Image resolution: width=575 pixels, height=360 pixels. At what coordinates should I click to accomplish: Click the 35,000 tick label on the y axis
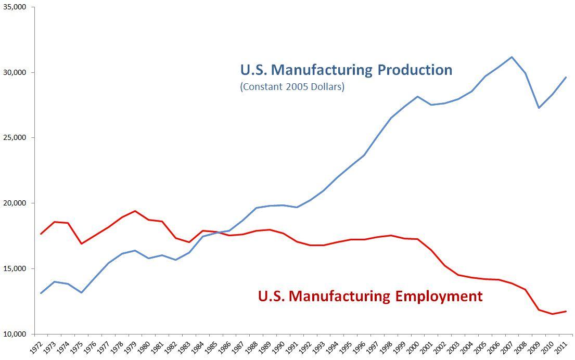(16, 7)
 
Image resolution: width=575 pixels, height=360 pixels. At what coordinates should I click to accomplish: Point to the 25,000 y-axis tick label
(16, 138)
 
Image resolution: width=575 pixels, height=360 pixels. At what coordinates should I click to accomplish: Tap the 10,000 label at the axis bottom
(16, 334)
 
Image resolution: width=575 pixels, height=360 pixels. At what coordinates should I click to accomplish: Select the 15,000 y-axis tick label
(16, 268)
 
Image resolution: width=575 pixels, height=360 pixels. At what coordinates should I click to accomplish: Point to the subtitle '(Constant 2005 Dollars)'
(292, 87)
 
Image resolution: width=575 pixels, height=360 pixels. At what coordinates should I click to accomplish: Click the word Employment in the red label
(438, 297)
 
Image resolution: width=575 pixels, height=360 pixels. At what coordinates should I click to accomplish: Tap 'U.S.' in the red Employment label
(271, 297)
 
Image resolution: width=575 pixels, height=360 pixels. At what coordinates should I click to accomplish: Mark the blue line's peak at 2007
(512, 57)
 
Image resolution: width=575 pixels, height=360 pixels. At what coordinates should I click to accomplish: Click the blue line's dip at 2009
(539, 108)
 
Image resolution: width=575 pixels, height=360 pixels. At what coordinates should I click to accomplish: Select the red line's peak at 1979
(135, 211)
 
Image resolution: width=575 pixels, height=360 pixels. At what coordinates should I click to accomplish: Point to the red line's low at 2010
(552, 314)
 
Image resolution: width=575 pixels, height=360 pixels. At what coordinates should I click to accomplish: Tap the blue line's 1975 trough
(81, 292)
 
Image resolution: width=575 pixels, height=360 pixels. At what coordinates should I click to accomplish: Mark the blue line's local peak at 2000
(417, 97)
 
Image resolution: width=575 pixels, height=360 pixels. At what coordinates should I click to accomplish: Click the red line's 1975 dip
(81, 243)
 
